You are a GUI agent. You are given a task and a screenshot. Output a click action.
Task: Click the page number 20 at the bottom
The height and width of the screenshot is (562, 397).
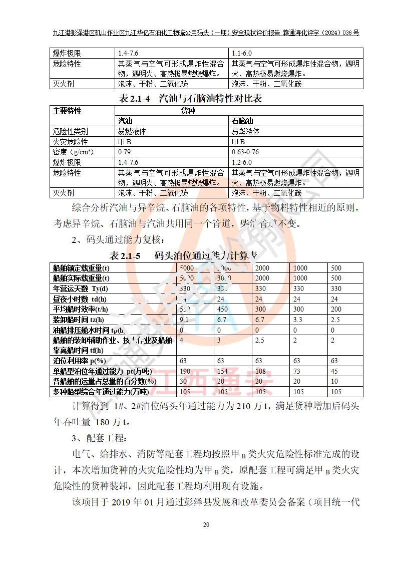click(x=206, y=525)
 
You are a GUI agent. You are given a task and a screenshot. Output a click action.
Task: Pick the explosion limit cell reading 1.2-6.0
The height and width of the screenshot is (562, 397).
click(x=241, y=162)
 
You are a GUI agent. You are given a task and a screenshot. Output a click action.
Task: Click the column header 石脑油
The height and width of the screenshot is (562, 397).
click(x=242, y=121)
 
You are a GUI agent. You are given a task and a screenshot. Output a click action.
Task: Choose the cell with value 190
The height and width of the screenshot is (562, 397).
click(x=185, y=371)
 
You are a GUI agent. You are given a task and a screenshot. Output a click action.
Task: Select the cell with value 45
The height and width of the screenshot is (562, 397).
click(x=335, y=371)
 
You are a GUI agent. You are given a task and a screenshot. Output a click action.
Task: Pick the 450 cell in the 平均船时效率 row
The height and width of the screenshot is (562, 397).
click(x=223, y=309)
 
